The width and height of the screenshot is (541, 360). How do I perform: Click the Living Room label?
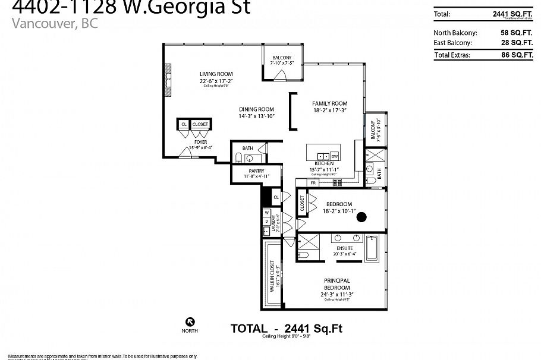point(216,74)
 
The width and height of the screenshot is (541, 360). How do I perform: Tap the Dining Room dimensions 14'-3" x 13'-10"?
point(257,116)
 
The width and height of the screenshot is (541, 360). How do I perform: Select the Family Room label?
point(330,103)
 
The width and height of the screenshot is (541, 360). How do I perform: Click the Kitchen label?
point(325,163)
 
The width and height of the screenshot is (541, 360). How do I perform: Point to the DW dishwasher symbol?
point(335,156)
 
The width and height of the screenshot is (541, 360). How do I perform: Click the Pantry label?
point(257,170)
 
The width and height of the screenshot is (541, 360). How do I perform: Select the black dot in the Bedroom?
point(360,217)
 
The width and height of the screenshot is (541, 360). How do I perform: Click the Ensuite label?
point(345,248)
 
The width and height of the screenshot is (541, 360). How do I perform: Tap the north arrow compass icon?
point(190,321)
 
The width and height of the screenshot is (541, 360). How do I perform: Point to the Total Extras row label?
point(452,55)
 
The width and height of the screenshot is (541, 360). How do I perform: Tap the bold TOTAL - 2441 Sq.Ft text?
point(286,328)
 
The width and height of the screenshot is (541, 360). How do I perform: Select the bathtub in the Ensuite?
point(373,248)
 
